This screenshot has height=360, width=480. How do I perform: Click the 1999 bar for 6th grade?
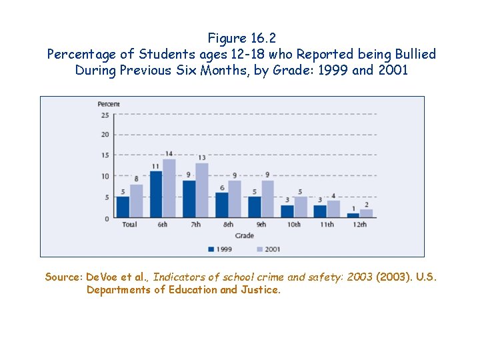point(156,195)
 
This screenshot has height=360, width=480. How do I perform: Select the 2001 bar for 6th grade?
point(169,189)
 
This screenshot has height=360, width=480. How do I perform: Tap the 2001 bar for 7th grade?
point(202,191)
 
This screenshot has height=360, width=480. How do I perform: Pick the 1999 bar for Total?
point(123,207)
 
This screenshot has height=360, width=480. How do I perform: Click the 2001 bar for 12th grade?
point(367,213)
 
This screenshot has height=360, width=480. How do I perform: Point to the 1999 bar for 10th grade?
point(287,211)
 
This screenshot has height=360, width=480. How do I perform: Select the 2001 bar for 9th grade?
point(267,199)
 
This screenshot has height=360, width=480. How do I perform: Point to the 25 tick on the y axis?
point(105,115)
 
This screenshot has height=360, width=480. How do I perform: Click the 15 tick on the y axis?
point(105,156)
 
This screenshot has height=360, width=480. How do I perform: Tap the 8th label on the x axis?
point(228,225)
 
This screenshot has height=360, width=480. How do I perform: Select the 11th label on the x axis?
point(327,225)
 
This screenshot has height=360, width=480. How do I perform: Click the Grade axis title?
point(244,235)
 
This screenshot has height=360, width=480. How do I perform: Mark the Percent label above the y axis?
point(109,104)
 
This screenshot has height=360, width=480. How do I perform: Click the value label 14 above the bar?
point(169,154)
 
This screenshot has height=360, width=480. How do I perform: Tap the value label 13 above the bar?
point(202,158)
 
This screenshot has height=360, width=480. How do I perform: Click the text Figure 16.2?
point(241,38)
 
